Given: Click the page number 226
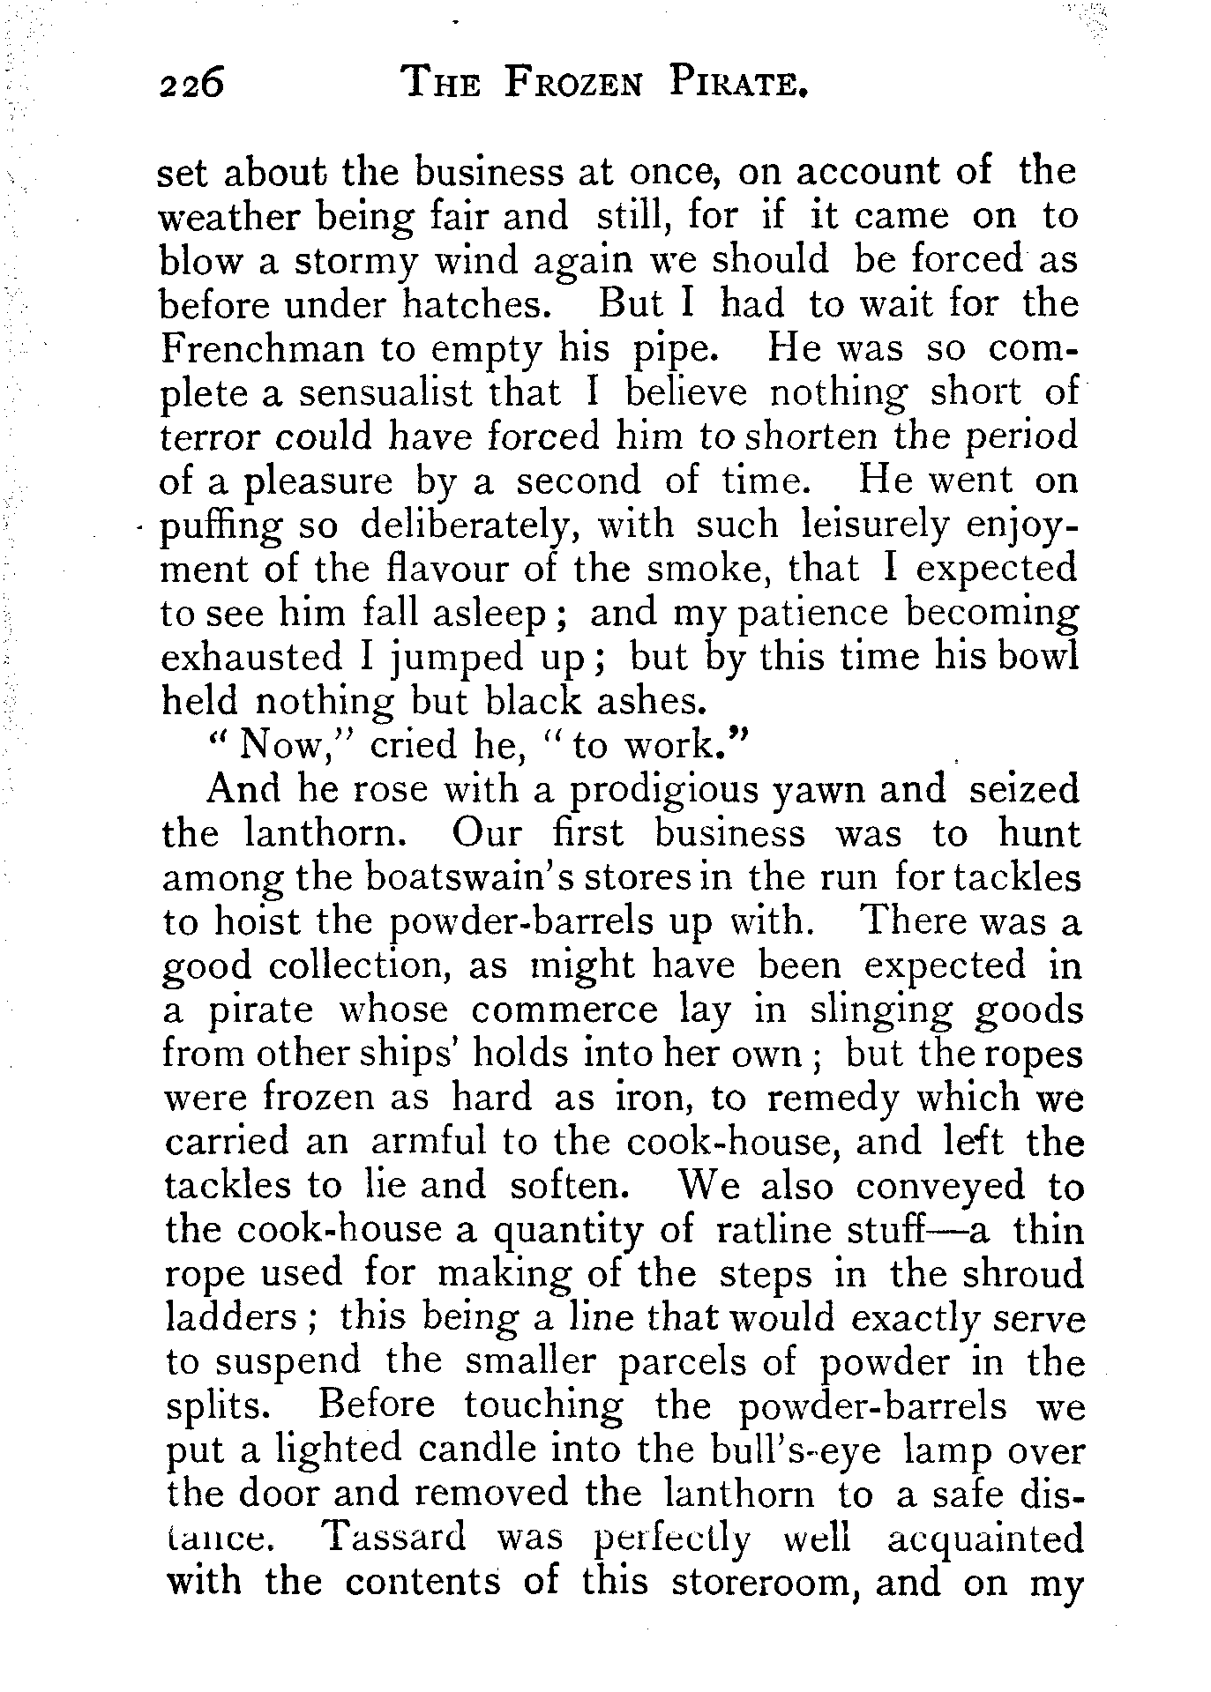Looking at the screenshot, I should tap(191, 86).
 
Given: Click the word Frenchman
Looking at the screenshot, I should tap(262, 349).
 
